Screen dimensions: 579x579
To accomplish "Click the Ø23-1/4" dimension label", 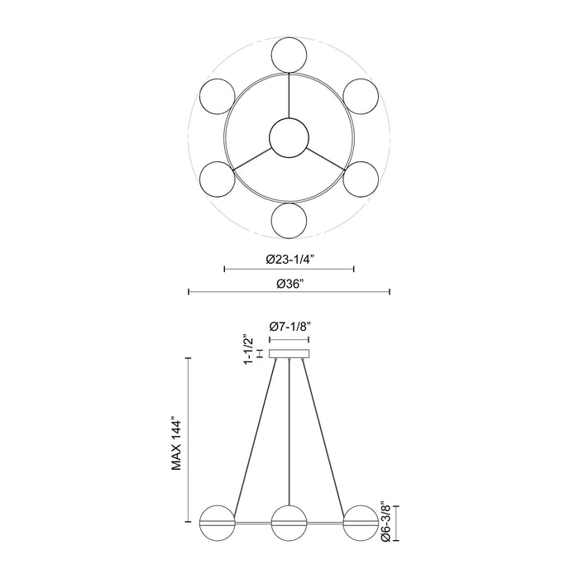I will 289,259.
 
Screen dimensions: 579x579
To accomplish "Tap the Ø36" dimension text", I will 289,283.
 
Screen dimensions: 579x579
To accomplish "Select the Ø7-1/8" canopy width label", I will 289,327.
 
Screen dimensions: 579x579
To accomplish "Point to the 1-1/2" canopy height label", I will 246,353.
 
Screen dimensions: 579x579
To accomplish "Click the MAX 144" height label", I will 176,443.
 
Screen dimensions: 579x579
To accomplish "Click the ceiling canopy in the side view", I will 289,354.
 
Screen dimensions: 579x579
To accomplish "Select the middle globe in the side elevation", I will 289,523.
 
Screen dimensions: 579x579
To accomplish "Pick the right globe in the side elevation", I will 361,523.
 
